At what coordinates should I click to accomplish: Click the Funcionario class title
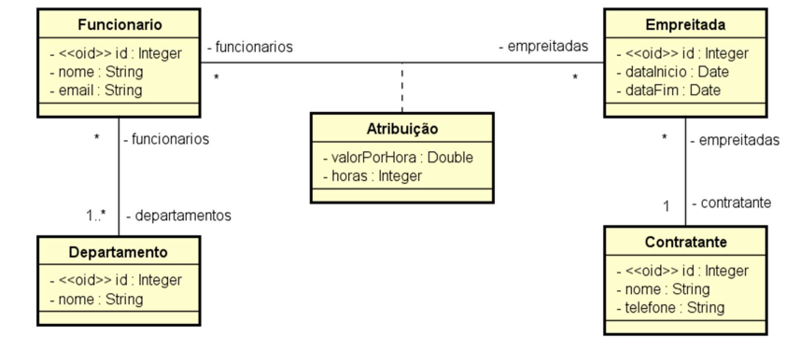click(x=119, y=23)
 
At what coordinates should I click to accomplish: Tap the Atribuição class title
click(x=402, y=129)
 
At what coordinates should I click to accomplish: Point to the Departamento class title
click(x=119, y=252)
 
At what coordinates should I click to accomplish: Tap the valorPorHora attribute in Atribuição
click(x=398, y=157)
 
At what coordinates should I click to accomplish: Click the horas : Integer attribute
click(x=372, y=175)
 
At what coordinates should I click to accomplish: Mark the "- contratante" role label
click(x=731, y=203)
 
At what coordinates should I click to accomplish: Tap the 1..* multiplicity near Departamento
click(x=95, y=216)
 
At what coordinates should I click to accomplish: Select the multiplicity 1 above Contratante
click(x=666, y=204)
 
